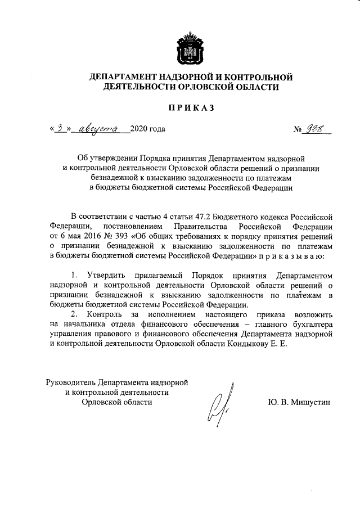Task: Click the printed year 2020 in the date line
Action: (138, 129)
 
